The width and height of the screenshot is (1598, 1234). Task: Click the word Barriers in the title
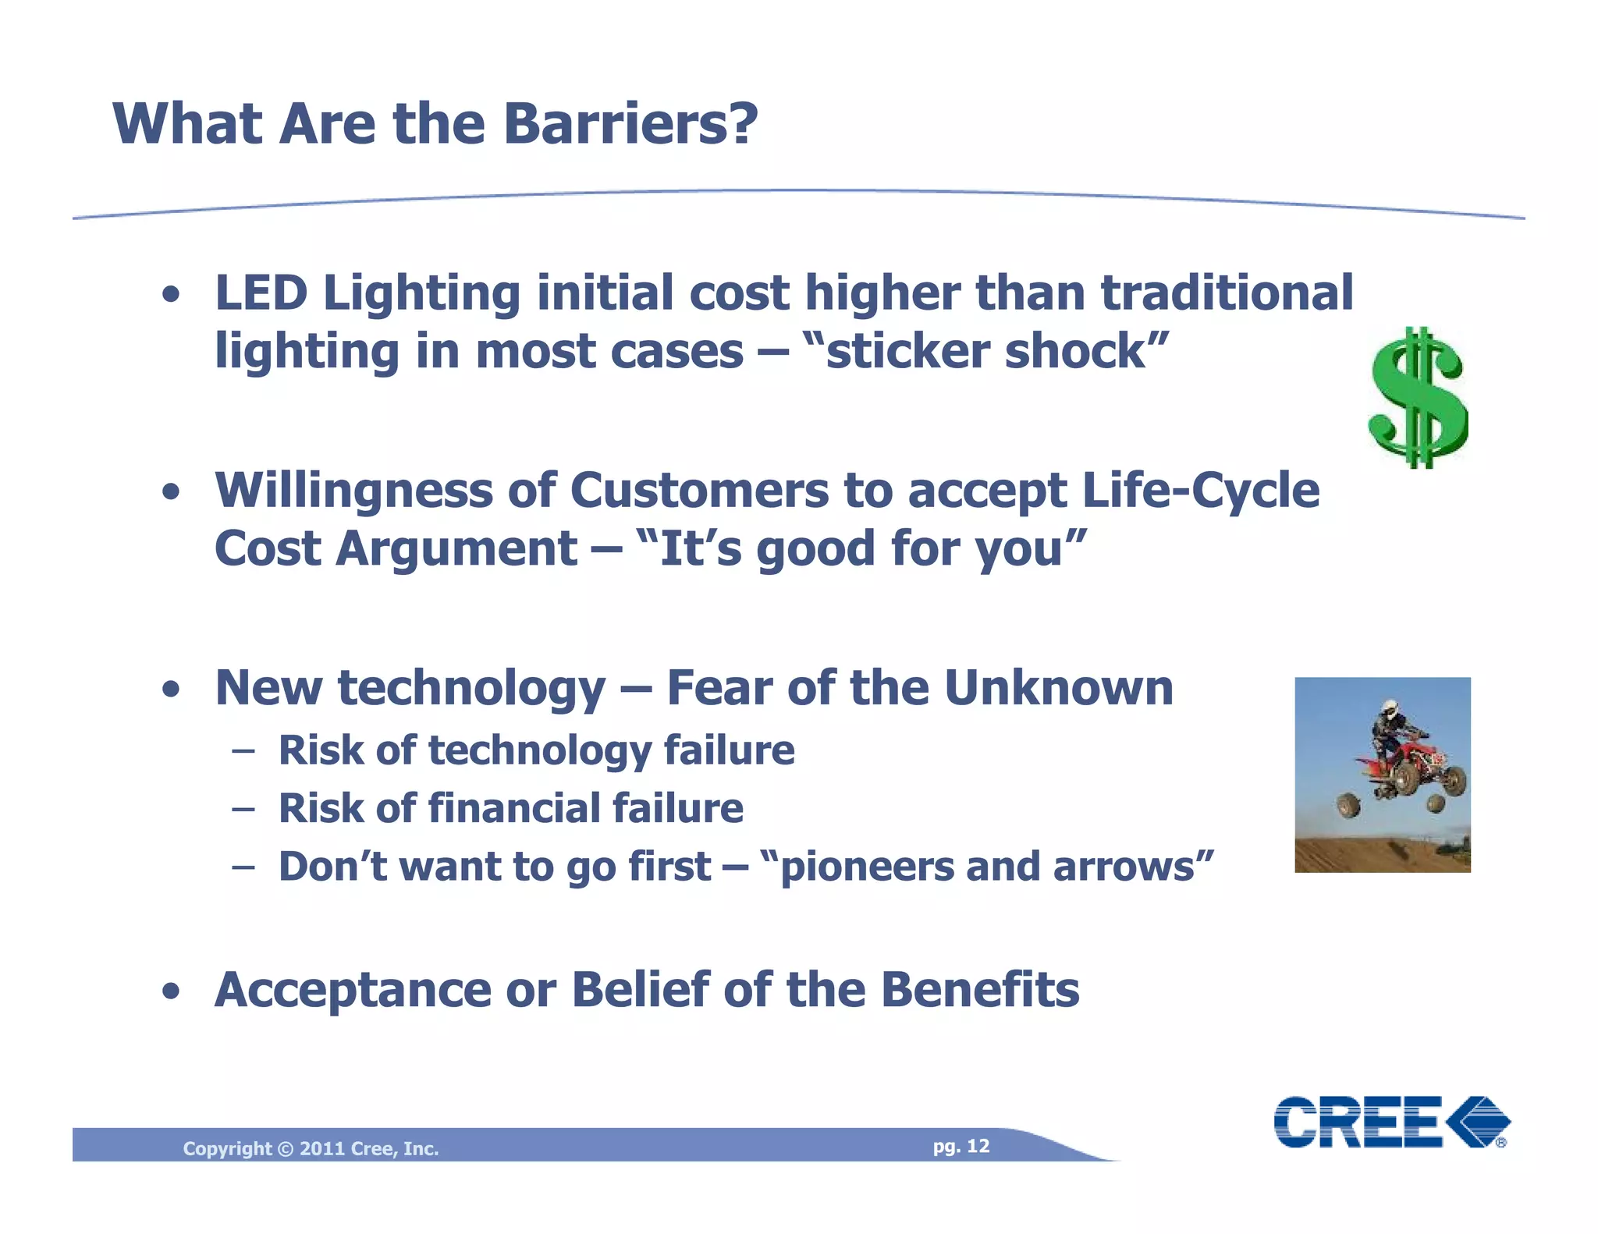(x=630, y=125)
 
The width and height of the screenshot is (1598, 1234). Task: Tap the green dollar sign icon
(x=1418, y=398)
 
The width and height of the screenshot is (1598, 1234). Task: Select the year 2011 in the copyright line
(x=321, y=1148)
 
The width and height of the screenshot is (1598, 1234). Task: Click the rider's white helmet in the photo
(x=1389, y=708)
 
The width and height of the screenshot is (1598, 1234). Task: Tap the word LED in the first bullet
(x=261, y=293)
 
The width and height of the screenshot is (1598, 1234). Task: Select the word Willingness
(x=353, y=491)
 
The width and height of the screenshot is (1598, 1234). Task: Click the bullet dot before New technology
(x=172, y=690)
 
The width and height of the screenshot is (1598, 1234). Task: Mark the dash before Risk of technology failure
(x=243, y=751)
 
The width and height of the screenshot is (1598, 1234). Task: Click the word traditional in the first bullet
(x=1227, y=293)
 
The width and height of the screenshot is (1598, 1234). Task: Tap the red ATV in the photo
(x=1404, y=772)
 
